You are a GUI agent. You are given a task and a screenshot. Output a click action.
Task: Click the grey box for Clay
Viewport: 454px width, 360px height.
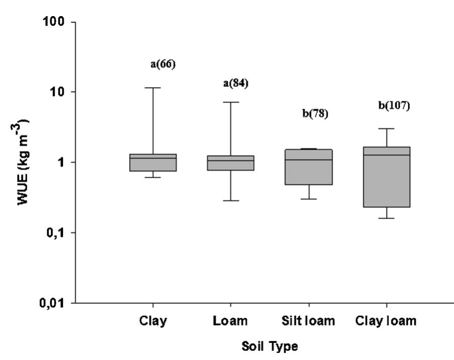(153, 163)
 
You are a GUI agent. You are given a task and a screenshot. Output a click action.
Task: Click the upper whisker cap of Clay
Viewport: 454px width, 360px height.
(153, 88)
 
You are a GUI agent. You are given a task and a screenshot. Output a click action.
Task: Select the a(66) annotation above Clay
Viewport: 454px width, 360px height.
(163, 64)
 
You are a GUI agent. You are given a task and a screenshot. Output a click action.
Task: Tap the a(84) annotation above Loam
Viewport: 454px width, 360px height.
(236, 83)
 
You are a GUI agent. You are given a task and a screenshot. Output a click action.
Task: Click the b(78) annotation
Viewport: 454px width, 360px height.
(315, 113)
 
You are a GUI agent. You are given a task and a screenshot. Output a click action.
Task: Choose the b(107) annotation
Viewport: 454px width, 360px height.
(395, 106)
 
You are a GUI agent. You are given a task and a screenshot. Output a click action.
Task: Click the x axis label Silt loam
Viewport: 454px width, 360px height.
(308, 321)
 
